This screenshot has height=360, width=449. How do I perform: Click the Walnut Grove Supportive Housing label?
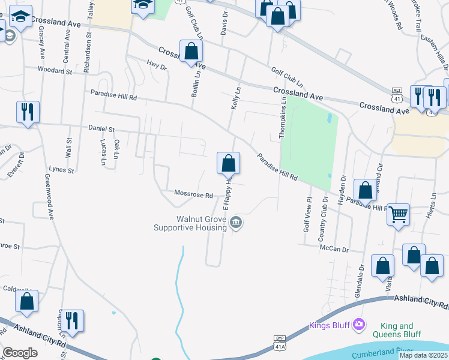coord(190,223)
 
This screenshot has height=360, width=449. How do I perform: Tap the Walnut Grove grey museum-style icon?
coord(237,223)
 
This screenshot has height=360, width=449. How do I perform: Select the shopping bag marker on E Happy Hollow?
coord(228,163)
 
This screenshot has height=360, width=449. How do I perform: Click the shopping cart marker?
coord(399,214)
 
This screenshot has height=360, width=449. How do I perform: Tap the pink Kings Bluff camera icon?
coord(359,325)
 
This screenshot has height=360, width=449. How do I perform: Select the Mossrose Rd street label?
coord(193,194)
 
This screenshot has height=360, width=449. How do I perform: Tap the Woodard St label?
coord(55,71)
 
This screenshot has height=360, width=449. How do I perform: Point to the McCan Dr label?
coord(334,248)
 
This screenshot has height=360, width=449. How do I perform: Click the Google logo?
coord(20,353)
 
